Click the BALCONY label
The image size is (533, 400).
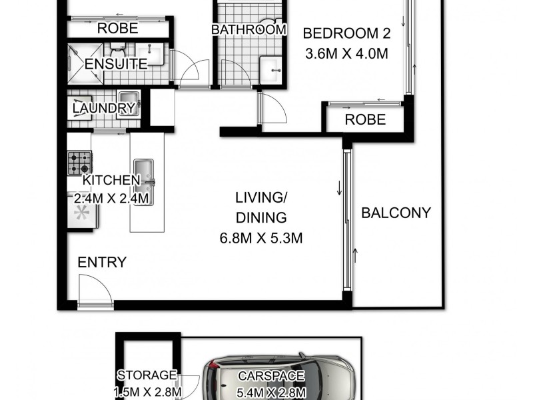[x=396, y=213]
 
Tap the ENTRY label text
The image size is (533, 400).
[x=102, y=262]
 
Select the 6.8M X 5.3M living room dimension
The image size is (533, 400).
[x=261, y=238]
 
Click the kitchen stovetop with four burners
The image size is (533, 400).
[x=79, y=162]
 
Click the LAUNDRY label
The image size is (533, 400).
[x=104, y=108]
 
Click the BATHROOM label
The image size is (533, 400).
[x=249, y=30]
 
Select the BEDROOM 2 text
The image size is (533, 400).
[x=346, y=33]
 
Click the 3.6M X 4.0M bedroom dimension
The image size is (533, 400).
[x=346, y=55]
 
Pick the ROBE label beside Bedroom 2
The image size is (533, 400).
[x=365, y=120]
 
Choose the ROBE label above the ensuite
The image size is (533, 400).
[x=118, y=28]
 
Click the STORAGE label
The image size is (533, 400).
[x=147, y=375]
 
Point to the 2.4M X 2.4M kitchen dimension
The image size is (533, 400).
[x=112, y=199]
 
